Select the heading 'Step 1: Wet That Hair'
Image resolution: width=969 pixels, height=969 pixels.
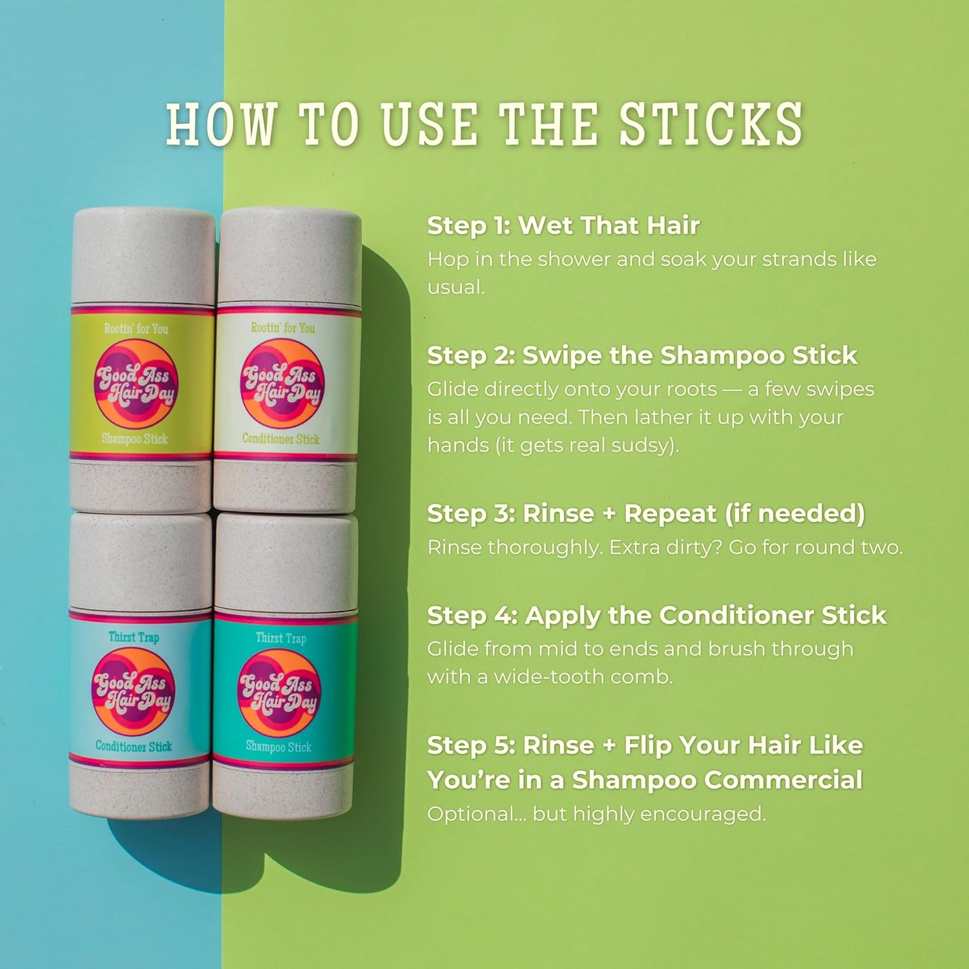[x=563, y=225]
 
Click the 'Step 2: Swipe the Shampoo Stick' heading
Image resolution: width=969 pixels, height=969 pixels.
[x=642, y=355]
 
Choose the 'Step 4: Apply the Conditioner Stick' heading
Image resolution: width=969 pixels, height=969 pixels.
[x=657, y=616]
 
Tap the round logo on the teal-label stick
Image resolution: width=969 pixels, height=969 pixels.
[x=278, y=693]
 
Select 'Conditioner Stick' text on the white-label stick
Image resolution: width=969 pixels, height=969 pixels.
[x=281, y=439]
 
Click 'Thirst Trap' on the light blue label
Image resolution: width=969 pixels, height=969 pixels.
[x=134, y=638]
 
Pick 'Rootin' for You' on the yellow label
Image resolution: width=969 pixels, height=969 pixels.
[x=136, y=329]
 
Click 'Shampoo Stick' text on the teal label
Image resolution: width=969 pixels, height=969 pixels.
[x=278, y=747]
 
